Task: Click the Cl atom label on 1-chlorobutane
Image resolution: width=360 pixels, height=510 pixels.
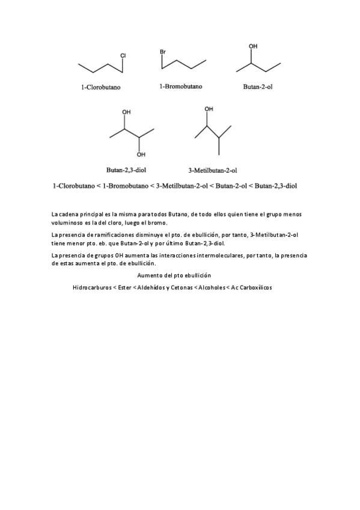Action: [123, 56]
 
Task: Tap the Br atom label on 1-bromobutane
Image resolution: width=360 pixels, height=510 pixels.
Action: [163, 52]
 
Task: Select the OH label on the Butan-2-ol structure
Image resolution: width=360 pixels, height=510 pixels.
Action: [253, 46]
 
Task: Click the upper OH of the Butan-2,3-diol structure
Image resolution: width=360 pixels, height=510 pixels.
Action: [126, 112]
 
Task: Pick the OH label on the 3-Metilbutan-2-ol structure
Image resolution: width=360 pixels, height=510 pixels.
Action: [209, 109]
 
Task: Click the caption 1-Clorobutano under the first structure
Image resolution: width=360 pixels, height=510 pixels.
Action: [101, 87]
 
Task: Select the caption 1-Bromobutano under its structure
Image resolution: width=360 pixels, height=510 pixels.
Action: [181, 87]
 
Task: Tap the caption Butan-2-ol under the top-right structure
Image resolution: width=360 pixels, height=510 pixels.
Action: [258, 87]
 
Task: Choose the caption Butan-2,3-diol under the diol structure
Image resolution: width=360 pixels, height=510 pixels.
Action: [127, 170]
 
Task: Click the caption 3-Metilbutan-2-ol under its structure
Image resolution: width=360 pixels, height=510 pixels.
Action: [212, 170]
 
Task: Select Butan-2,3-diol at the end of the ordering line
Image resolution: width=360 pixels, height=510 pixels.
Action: [276, 186]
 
